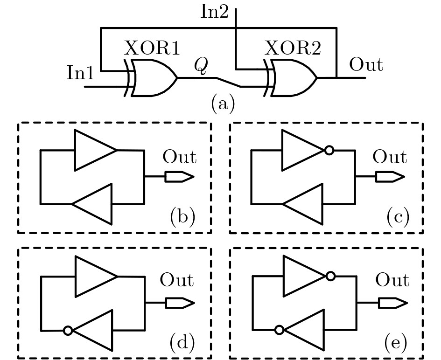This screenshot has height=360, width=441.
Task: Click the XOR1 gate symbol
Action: pos(152,78)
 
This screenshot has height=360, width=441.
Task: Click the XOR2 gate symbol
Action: pos(292,78)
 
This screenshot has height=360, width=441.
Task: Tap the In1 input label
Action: pos(81,73)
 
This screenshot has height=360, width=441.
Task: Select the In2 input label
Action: pos(214,12)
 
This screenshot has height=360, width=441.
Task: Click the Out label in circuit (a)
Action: pos(366,65)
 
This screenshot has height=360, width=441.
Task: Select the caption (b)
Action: pos(182,217)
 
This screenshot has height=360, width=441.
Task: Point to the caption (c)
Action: pos(398,217)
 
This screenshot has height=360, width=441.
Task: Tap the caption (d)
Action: pos(182,343)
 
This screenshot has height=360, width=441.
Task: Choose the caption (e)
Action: pos(396,343)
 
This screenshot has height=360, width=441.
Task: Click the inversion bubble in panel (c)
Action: pos(329,150)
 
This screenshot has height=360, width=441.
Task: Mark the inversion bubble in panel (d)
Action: pos(68,331)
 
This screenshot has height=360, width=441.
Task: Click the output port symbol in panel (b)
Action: pos(179,177)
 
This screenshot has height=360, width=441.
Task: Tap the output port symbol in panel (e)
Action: pos(393,303)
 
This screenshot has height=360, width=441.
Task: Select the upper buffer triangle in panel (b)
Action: pos(95,150)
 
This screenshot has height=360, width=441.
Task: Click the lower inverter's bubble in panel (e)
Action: pos(279,330)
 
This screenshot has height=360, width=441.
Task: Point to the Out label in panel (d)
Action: pos(177,280)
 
